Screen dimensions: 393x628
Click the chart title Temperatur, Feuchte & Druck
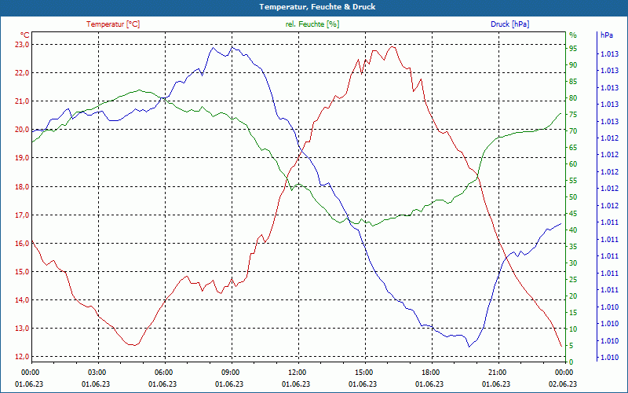314,6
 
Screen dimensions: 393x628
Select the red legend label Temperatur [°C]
113,24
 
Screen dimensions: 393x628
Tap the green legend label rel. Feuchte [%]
312,24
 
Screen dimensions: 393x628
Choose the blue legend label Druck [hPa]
509,24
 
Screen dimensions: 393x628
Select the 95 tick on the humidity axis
573,49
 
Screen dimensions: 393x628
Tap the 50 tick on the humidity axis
573,197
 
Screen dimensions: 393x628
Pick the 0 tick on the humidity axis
571,362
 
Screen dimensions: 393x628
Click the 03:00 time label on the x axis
97,372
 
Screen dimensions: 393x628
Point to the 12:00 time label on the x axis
298,372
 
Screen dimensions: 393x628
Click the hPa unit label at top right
607,35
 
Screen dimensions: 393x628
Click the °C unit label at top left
25,35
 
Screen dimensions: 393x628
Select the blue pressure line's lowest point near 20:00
469,347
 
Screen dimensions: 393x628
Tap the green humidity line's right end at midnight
561,113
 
